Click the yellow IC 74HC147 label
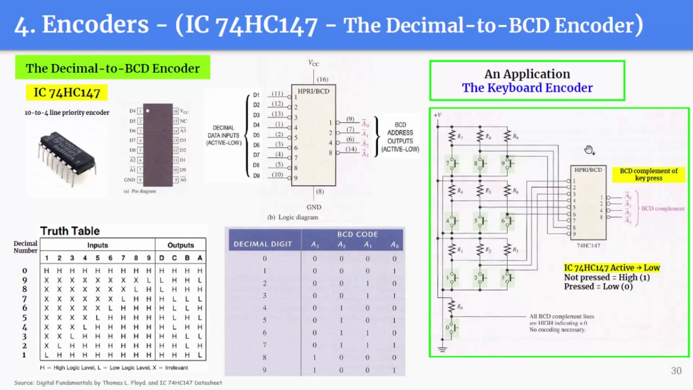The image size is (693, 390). coord(67,93)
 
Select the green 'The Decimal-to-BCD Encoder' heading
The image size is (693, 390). coord(113,68)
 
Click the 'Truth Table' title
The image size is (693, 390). coord(70,231)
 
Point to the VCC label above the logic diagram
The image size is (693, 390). coord(313,63)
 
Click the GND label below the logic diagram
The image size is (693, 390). coord(313,207)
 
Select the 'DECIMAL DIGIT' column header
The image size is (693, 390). coord(263,244)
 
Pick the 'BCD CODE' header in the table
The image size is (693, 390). coord(357,235)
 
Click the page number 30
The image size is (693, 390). coord(676,370)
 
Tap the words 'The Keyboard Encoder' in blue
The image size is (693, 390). coord(527,88)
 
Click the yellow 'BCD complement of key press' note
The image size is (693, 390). coord(649,174)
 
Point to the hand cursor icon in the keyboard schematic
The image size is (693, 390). coord(589,150)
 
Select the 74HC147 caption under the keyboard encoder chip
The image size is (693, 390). coord(588,245)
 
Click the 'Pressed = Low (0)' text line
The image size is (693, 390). coord(598,287)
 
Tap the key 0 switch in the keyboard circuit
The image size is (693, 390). coord(450,327)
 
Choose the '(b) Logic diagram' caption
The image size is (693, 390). coord(292,217)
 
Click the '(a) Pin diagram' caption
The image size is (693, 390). coord(140,191)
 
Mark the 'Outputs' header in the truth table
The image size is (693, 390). coord(180,245)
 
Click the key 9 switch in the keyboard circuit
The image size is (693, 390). coord(508,162)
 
